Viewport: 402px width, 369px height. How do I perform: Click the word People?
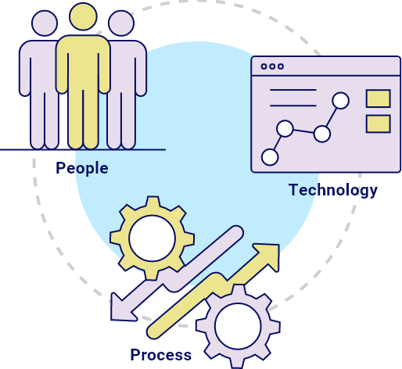coord(82,168)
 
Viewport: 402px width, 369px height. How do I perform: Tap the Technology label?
coord(333,190)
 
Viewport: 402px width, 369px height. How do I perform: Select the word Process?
coord(161,355)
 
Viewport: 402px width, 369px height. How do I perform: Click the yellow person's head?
coord(83,16)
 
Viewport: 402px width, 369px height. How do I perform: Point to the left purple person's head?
coord(45,23)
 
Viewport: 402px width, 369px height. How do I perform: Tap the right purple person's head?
coord(121,23)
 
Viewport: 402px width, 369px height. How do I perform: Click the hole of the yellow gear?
coord(153,238)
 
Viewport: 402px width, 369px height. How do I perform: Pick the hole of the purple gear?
coord(238,326)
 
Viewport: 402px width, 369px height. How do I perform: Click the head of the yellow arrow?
coord(268,256)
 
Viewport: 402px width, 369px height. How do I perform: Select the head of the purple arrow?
coord(121,307)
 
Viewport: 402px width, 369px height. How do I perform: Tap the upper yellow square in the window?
coord(379,99)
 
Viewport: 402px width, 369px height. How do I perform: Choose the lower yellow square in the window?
coord(379,124)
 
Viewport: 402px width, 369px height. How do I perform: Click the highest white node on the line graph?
coord(341,101)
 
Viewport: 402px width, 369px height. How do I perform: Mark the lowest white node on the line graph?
coord(270,157)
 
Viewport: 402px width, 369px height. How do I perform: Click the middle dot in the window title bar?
coord(272,66)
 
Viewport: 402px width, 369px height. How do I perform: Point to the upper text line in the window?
coord(293,90)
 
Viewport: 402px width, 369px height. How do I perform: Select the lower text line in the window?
coord(293,106)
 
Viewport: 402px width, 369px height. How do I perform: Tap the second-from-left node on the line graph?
coord(285,128)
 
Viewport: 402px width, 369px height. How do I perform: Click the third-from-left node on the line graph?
coord(322,134)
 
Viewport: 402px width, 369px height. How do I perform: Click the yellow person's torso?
coord(83,63)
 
